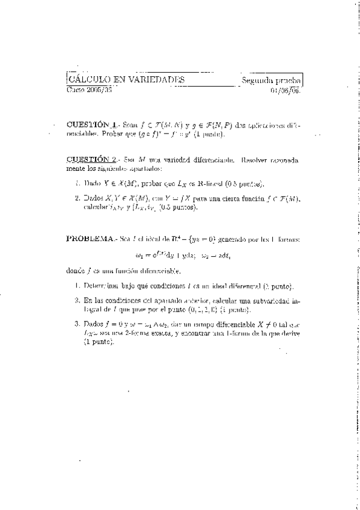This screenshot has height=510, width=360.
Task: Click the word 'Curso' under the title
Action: pos(76,90)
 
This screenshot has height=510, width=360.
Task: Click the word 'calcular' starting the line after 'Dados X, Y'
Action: pos(97,207)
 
